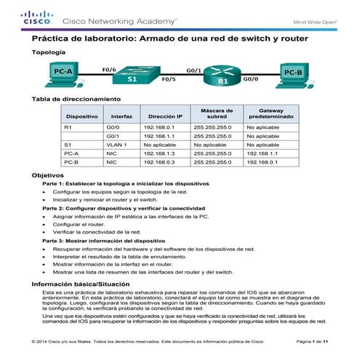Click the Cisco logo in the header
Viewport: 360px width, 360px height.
click(x=35, y=17)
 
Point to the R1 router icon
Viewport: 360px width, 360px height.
click(x=223, y=79)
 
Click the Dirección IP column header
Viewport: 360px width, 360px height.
click(x=165, y=116)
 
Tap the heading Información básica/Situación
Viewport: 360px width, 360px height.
click(x=79, y=282)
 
